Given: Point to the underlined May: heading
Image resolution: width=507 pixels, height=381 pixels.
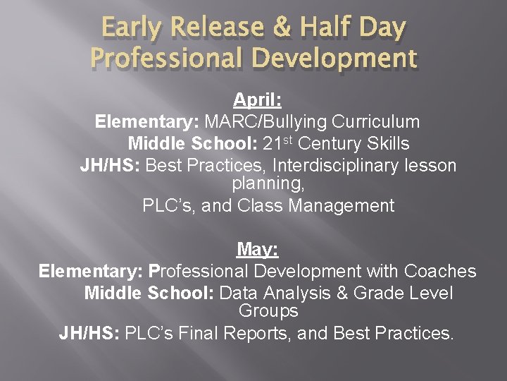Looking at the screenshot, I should point(258,249).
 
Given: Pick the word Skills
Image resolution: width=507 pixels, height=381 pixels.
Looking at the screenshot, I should point(387,144).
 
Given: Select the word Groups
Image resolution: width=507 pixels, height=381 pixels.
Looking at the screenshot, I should point(268,310).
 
